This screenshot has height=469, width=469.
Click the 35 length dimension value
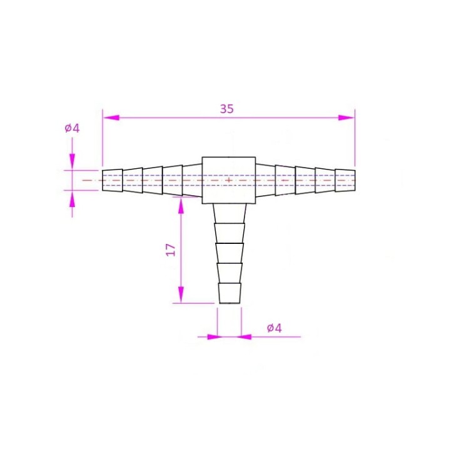[227, 109]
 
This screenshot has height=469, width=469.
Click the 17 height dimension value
[171, 250]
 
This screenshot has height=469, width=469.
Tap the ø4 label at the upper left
[73, 129]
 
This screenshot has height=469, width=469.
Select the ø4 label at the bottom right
[275, 328]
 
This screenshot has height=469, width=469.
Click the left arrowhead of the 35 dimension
[111, 118]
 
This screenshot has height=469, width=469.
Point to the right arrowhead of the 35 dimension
[346, 118]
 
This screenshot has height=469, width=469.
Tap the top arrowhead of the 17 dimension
[181, 206]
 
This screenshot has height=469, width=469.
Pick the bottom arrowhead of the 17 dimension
[181, 295]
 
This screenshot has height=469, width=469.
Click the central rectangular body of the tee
[229, 180]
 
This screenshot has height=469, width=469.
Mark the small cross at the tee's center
[229, 180]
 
